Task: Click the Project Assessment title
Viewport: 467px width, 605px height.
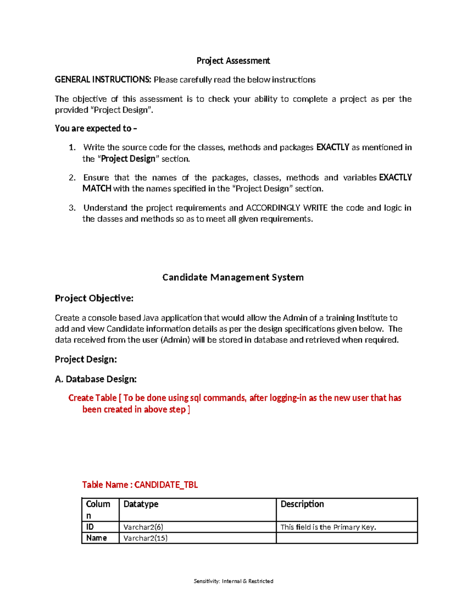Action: coord(233,61)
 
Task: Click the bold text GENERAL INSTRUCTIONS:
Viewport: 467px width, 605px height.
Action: coord(103,80)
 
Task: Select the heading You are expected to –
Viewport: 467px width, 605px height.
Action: coord(96,129)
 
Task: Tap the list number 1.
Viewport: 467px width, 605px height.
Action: coord(72,148)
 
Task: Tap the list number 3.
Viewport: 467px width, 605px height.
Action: coord(72,208)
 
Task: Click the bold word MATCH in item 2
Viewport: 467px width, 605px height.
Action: coord(97,189)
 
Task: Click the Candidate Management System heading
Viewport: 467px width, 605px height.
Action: coord(233,277)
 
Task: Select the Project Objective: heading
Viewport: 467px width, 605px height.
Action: coord(94,298)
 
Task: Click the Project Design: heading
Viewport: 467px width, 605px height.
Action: coord(86,359)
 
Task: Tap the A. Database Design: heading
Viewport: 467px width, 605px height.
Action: coord(95,379)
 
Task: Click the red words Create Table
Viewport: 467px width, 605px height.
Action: coord(92,398)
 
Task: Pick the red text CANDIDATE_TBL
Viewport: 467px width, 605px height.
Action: coord(166,485)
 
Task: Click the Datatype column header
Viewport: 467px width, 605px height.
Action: coord(141,504)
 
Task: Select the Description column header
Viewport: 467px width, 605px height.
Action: coord(302,504)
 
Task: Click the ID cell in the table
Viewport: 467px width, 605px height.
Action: coord(90,527)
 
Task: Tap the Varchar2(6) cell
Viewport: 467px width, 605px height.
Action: coord(143,527)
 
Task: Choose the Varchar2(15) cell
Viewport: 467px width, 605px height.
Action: coord(145,538)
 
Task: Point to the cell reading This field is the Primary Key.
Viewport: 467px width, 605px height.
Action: coord(328,527)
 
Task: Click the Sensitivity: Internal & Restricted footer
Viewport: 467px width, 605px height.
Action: coord(233,581)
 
